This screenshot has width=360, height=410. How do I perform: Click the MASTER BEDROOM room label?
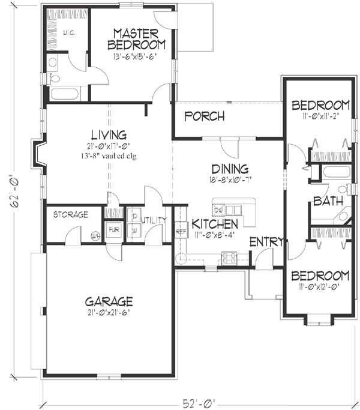[137, 38]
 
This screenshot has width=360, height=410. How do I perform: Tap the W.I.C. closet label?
[68, 34]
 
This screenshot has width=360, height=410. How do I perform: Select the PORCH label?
[204, 116]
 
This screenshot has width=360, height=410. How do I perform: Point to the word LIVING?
[108, 134]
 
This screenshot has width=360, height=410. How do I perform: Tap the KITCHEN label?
[215, 223]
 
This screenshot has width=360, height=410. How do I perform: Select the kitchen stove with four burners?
[229, 258]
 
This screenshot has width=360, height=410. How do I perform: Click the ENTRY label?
[262, 241]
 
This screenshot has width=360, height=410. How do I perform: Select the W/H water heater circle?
[95, 235]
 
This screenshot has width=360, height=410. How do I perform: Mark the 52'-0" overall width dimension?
[196, 402]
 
